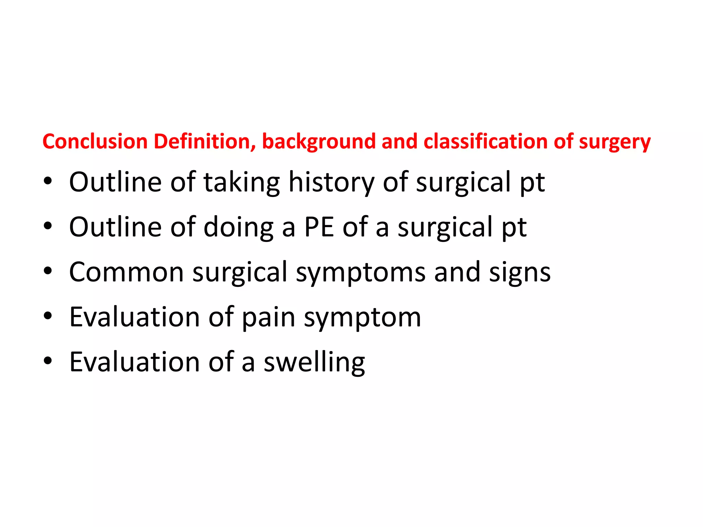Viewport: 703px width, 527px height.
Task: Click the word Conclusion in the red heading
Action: click(x=95, y=141)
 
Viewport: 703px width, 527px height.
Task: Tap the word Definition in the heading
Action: click(x=205, y=141)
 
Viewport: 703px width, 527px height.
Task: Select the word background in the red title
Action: click(x=319, y=142)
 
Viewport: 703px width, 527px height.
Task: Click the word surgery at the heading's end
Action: click(x=614, y=142)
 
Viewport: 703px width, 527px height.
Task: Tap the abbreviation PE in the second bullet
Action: click(x=319, y=227)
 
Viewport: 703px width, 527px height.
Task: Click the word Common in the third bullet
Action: click(x=126, y=272)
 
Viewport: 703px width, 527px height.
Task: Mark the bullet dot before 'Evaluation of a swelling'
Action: click(x=48, y=361)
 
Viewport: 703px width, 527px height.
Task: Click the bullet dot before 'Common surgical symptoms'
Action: click(x=48, y=271)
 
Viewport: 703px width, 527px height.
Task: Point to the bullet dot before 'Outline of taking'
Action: click(x=48, y=181)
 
